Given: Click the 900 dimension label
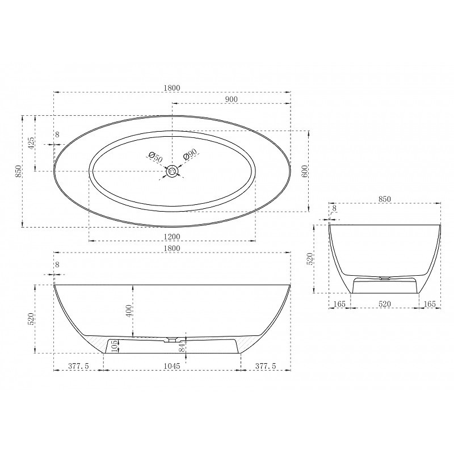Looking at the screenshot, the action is point(231,99).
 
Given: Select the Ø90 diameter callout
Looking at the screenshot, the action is point(190,154).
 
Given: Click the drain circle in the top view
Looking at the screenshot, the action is point(173,171).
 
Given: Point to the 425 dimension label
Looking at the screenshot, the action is point(31,142).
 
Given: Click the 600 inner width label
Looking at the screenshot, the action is point(304,172).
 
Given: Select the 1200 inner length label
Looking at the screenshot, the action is point(172,237).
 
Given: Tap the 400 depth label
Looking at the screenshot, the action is point(129,310).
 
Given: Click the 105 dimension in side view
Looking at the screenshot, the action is point(114,346).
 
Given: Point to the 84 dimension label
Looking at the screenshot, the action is point(182,347).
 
